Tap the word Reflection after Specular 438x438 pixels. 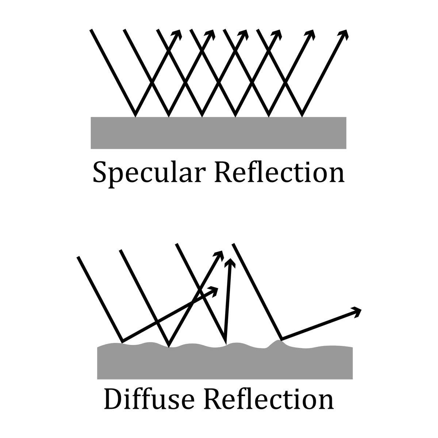click(280, 172)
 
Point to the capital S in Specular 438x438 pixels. click(100, 172)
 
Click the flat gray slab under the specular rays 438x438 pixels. click(218, 133)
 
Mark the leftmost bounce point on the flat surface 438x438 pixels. click(135, 116)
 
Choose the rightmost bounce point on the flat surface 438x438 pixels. click(302, 116)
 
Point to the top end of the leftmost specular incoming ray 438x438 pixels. click(91, 30)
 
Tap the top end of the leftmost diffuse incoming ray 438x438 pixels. click(78, 257)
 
